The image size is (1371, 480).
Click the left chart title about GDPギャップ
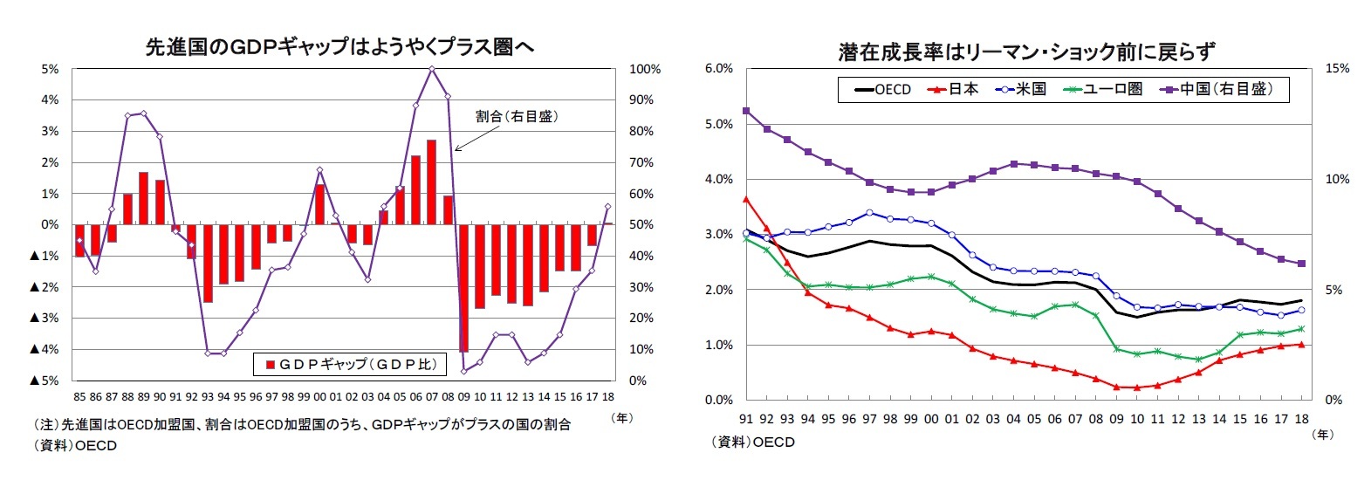[x=339, y=47]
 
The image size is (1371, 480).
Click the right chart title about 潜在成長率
[x=1025, y=51]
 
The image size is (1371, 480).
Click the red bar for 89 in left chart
[x=143, y=198]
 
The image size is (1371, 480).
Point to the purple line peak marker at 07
[x=431, y=69]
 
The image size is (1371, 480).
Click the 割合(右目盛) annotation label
[x=516, y=116]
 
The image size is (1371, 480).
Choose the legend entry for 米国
[x=1021, y=89]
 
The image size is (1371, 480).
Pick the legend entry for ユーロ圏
[x=1103, y=89]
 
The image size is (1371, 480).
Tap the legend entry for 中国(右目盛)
[x=1217, y=89]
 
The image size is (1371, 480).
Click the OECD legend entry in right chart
[x=883, y=89]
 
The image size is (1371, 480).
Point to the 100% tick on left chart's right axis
[x=645, y=69]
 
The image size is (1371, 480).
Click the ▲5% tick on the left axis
[x=45, y=381]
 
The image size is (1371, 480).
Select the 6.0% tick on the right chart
[x=718, y=69]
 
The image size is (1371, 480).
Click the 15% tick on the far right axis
[x=1337, y=69]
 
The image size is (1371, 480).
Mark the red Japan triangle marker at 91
[x=746, y=199]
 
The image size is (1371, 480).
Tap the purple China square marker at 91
[x=746, y=111]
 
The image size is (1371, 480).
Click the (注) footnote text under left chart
[x=302, y=425]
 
